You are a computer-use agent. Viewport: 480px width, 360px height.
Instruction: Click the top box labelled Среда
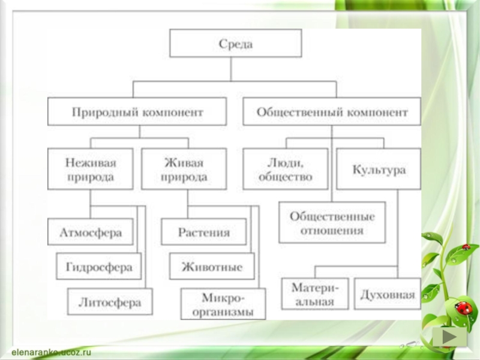[235, 44]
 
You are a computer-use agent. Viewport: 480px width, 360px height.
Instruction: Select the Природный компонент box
[137, 112]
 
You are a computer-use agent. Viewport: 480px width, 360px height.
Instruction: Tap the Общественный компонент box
[332, 112]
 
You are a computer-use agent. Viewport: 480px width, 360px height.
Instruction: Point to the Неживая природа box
[90, 170]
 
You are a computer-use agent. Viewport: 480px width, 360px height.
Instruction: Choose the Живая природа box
[184, 170]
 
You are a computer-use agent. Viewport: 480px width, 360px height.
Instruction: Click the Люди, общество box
[286, 170]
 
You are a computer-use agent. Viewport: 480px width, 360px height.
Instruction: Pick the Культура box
[379, 170]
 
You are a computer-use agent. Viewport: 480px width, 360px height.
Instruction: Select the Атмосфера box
[91, 232]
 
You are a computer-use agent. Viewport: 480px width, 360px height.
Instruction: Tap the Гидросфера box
[99, 266]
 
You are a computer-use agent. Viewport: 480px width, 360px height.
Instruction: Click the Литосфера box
[110, 302]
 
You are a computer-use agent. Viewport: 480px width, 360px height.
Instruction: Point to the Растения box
[203, 232]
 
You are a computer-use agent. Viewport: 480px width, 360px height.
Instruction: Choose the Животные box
[212, 266]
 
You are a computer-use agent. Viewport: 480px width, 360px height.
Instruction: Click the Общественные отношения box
[332, 223]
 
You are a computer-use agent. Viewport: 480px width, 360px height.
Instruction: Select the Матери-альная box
[315, 294]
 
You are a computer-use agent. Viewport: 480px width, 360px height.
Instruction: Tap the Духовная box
[387, 294]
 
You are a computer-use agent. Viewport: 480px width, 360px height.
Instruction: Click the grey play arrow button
[449, 336]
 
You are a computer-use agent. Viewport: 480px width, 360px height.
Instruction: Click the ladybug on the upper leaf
[466, 247]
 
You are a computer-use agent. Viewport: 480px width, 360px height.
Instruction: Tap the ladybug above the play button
[463, 308]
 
